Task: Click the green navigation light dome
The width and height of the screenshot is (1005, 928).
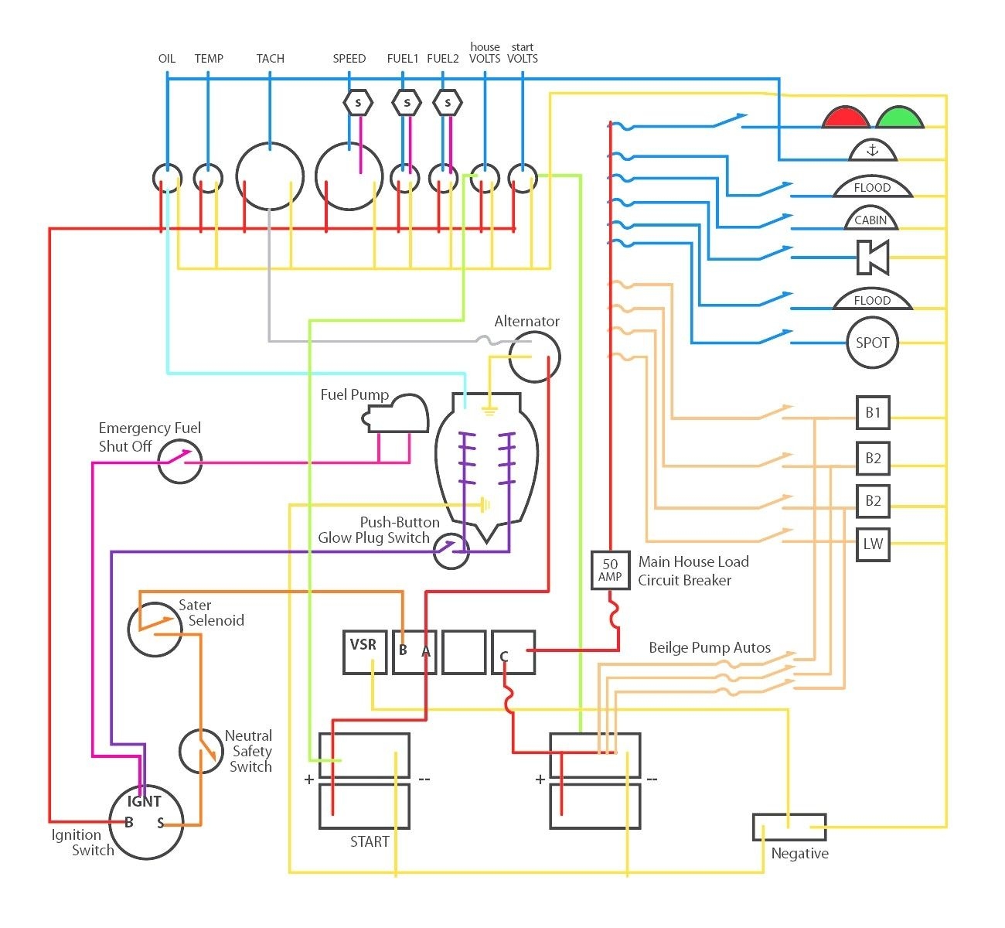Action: point(899,118)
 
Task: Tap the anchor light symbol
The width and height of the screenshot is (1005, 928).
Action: point(873,150)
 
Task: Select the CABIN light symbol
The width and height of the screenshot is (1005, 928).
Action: point(870,220)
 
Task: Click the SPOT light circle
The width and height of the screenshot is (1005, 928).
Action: point(872,343)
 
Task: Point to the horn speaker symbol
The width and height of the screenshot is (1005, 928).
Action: point(873,257)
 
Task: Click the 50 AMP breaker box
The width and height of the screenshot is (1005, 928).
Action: point(610,571)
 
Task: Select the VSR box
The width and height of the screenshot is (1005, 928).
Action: point(364,652)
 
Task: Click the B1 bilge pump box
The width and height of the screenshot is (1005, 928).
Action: point(873,412)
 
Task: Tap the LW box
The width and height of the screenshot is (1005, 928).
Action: point(873,544)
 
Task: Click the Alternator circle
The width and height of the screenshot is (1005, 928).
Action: point(534,357)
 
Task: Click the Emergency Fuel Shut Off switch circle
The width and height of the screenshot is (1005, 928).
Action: point(180,462)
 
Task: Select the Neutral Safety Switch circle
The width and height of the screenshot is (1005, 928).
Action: point(201,750)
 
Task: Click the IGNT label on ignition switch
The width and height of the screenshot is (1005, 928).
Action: point(145,802)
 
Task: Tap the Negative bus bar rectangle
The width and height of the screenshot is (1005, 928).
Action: point(789,827)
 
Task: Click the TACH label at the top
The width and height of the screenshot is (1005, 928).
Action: point(270,59)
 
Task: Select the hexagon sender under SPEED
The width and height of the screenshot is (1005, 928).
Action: point(357,102)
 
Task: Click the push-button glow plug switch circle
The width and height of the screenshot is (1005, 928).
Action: point(451,551)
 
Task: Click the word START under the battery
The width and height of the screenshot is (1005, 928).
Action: point(370,841)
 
